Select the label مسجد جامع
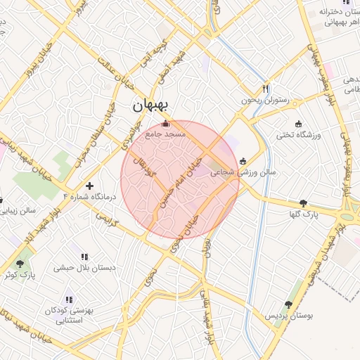pos(165,134)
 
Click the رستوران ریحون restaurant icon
pos(265,89)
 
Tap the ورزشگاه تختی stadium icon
pos(299,124)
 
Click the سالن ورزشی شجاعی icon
pos(243,161)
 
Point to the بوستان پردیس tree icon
pos(288,304)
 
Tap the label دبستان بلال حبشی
pos(84,268)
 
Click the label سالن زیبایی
pos(27,210)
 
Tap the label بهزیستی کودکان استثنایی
pos(68,315)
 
